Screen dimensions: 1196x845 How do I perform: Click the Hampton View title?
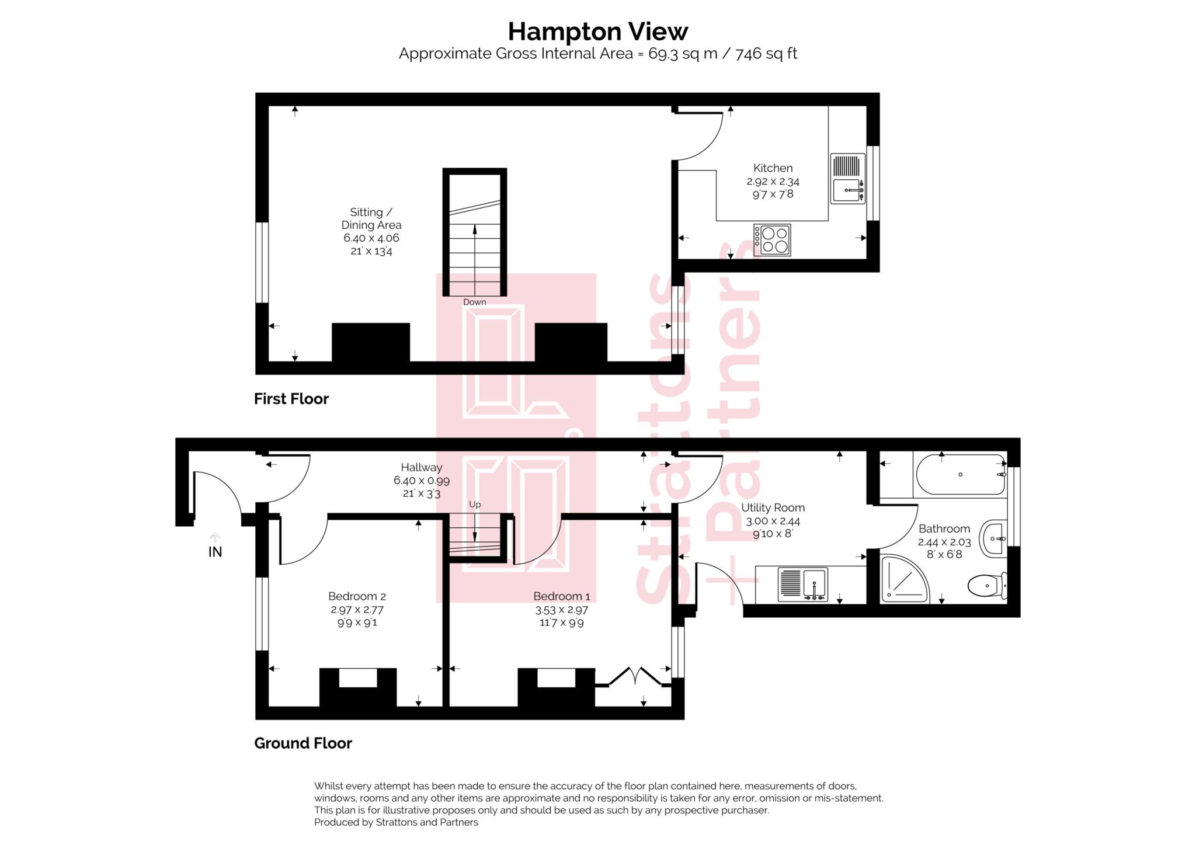tap(597, 31)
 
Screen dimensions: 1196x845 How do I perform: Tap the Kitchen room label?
tap(773, 168)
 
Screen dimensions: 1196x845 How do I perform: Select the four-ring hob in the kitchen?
tap(772, 240)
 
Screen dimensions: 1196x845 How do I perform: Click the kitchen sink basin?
tap(847, 190)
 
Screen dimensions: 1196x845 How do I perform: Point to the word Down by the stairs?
tap(474, 302)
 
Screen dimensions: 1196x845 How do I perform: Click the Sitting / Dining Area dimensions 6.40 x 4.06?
tap(371, 238)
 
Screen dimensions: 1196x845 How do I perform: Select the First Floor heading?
tap(291, 399)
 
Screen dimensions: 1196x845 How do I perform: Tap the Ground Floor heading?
tap(303, 743)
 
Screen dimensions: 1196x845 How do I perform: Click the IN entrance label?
tap(215, 552)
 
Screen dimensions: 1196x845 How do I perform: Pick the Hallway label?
tap(421, 467)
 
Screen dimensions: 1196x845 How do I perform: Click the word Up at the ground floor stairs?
tap(475, 505)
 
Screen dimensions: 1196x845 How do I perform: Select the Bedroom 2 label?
tap(357, 596)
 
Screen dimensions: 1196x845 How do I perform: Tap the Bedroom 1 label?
tap(561, 596)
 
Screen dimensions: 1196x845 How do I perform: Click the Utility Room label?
tap(773, 508)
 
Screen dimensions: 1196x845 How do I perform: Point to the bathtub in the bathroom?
tap(961, 475)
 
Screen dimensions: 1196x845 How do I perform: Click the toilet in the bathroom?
tap(987, 585)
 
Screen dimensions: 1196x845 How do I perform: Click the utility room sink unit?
tap(802, 585)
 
